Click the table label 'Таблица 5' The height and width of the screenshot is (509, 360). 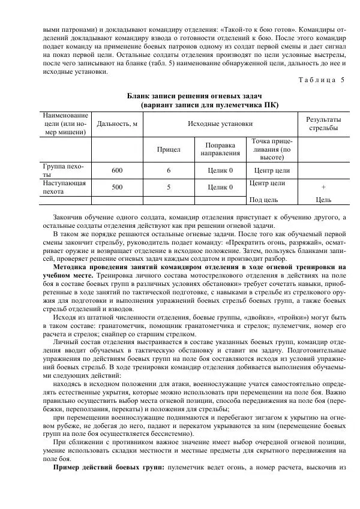(321, 80)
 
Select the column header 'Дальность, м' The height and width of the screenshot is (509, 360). (118, 124)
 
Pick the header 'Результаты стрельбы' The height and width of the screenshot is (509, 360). (323, 124)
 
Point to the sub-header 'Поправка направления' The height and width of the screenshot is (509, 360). (220, 149)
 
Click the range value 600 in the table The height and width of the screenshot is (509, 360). (118, 170)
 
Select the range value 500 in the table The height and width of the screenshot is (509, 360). (118, 186)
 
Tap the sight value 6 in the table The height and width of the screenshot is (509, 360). (169, 170)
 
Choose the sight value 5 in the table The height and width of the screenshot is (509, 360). (169, 186)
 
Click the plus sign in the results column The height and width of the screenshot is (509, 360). (323, 186)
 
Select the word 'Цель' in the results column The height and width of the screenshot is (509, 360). (323, 200)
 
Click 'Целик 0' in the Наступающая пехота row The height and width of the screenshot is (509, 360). (220, 186)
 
